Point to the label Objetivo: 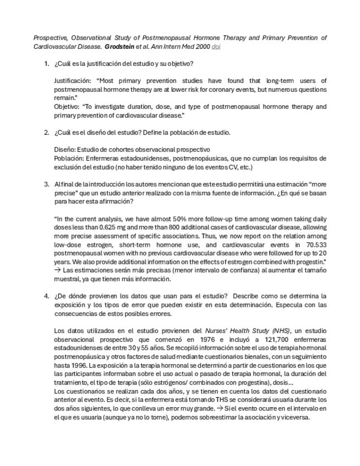click(68, 107)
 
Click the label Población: click(70, 158)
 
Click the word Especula click(295, 305)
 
